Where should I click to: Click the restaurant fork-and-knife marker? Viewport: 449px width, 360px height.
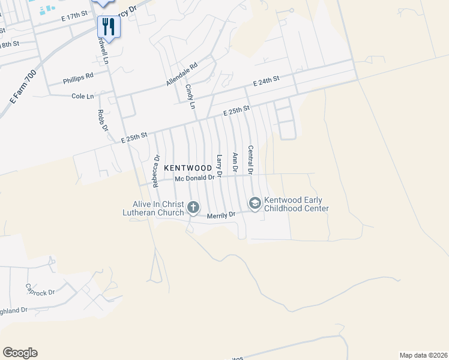(x=109, y=26)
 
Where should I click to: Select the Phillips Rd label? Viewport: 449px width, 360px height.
(x=78, y=77)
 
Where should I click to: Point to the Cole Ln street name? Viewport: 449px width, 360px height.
(x=83, y=96)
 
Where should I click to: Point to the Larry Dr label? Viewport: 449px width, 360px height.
(x=219, y=166)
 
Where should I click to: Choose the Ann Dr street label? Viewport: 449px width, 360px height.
(x=235, y=163)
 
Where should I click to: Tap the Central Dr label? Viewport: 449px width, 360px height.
(x=250, y=160)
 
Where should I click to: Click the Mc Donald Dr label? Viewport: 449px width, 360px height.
(x=194, y=178)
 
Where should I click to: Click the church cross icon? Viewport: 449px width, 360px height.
(x=193, y=208)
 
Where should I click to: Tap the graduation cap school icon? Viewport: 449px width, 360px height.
(x=255, y=204)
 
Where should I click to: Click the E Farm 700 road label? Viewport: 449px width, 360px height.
(x=23, y=88)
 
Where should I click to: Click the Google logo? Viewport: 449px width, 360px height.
(x=20, y=353)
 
